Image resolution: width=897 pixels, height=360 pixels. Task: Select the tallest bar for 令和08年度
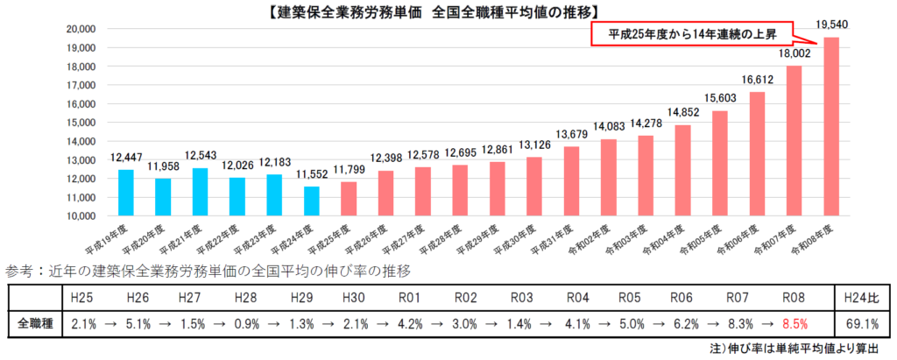(x=832, y=126)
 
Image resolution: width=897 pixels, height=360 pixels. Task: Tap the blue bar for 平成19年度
(x=126, y=193)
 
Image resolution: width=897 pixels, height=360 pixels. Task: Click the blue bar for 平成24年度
(x=312, y=201)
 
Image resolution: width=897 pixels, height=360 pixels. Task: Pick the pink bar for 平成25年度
(x=349, y=199)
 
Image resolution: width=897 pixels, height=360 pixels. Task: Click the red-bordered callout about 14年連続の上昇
(x=689, y=34)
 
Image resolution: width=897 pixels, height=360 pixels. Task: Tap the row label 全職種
(x=35, y=323)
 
